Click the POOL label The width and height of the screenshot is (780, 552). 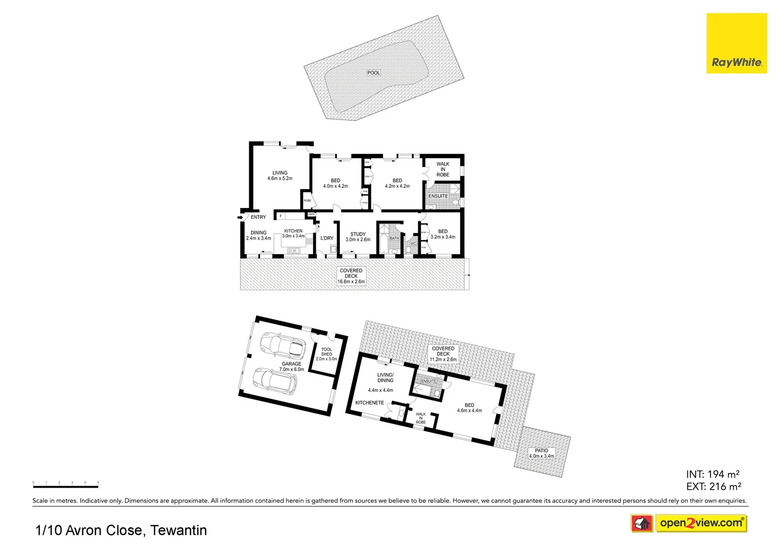point(374,73)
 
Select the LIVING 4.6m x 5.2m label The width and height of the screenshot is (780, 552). point(280,176)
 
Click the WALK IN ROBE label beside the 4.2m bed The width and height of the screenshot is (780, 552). point(443,170)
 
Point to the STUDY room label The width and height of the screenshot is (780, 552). point(358,237)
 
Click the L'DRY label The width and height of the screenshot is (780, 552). point(327,238)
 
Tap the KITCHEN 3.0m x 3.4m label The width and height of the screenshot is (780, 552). point(293,234)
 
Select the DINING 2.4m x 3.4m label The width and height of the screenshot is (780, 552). point(258,236)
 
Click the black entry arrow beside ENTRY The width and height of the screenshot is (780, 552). point(240,218)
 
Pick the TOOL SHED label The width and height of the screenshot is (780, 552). point(326,354)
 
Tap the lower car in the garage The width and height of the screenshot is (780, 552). point(275,381)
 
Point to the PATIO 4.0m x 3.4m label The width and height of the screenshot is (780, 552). point(541,453)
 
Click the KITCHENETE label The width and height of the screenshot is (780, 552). point(369,403)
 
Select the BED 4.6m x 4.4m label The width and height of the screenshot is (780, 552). point(469,408)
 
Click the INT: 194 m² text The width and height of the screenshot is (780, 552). point(713,474)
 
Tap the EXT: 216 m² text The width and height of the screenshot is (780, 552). point(714,487)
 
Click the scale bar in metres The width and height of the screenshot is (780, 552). point(65,486)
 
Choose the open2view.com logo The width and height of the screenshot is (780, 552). point(701,523)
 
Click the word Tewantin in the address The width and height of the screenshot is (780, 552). point(179,531)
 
